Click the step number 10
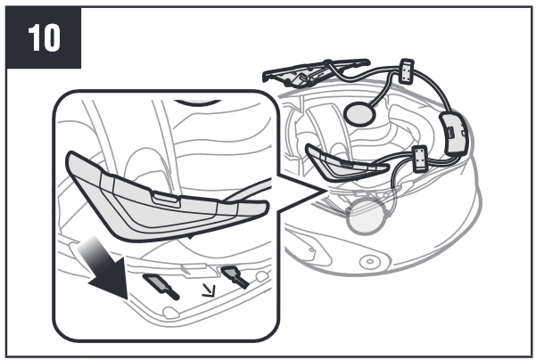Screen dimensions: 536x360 coord(44,37)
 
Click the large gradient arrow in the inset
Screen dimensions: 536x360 coord(104,267)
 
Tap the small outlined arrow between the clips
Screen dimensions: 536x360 coord(210,290)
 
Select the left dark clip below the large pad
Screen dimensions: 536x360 coord(161,286)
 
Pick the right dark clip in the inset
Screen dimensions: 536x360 coord(235,276)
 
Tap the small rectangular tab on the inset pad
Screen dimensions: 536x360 coord(166,199)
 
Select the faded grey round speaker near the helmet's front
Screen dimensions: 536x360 coord(365,217)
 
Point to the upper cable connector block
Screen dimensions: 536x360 coord(407,71)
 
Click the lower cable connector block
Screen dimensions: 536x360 coord(420,159)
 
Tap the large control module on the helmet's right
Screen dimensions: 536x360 coord(454,135)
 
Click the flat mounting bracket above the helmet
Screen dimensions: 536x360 coord(315,72)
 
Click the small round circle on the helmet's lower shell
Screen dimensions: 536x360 coord(369,262)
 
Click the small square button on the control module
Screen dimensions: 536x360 coord(450,132)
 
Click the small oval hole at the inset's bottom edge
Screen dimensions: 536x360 coord(170,313)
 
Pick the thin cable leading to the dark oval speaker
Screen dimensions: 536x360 coord(385,88)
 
